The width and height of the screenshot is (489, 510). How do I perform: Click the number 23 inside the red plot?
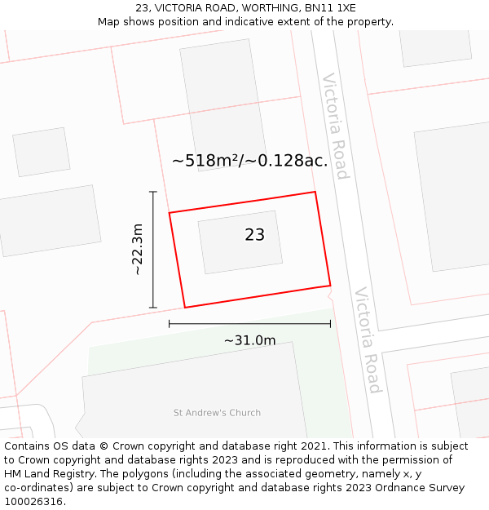[254, 235]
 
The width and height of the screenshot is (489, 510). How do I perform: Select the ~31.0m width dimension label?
[249, 340]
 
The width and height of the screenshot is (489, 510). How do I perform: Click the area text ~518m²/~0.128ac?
[249, 161]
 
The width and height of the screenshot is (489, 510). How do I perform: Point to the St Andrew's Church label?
[217, 413]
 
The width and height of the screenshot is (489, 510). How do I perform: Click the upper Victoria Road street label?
[336, 126]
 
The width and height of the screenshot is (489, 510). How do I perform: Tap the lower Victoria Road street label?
[368, 339]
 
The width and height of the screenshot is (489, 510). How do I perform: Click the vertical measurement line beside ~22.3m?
[153, 249]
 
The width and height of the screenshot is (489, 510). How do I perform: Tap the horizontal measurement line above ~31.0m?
[249, 324]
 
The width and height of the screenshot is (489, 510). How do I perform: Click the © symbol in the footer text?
[104, 446]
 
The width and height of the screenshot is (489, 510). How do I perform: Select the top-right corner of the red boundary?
[315, 193]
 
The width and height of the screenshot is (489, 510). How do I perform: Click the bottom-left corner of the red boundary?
[185, 307]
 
